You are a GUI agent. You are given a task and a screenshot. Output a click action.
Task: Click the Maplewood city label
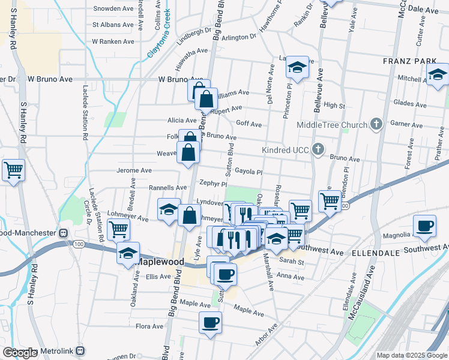(160, 262)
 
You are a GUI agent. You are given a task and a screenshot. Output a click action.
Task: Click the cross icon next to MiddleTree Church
(376, 124)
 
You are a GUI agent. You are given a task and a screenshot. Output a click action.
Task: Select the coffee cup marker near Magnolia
(425, 226)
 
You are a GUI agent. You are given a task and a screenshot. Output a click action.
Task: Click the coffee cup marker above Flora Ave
(211, 322)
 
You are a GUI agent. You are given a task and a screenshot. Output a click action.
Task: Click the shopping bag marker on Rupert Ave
(206, 99)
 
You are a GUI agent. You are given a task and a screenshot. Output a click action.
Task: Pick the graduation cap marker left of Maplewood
(128, 253)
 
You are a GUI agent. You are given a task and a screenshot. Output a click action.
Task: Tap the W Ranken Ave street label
(113, 41)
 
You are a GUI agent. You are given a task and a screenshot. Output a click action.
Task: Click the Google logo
(20, 353)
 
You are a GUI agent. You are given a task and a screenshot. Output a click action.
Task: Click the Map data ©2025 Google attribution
(412, 355)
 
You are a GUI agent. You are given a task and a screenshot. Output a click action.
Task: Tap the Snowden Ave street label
(113, 9)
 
